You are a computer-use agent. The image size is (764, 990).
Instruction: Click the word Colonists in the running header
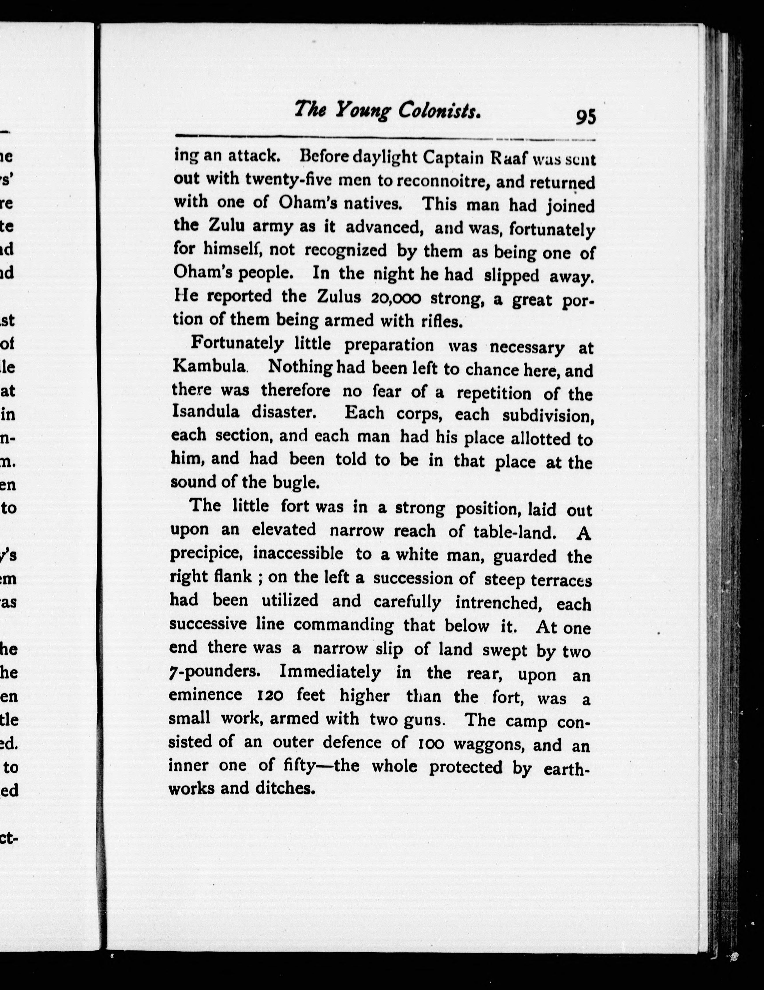pos(439,110)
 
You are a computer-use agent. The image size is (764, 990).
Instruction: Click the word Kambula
pos(209,366)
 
